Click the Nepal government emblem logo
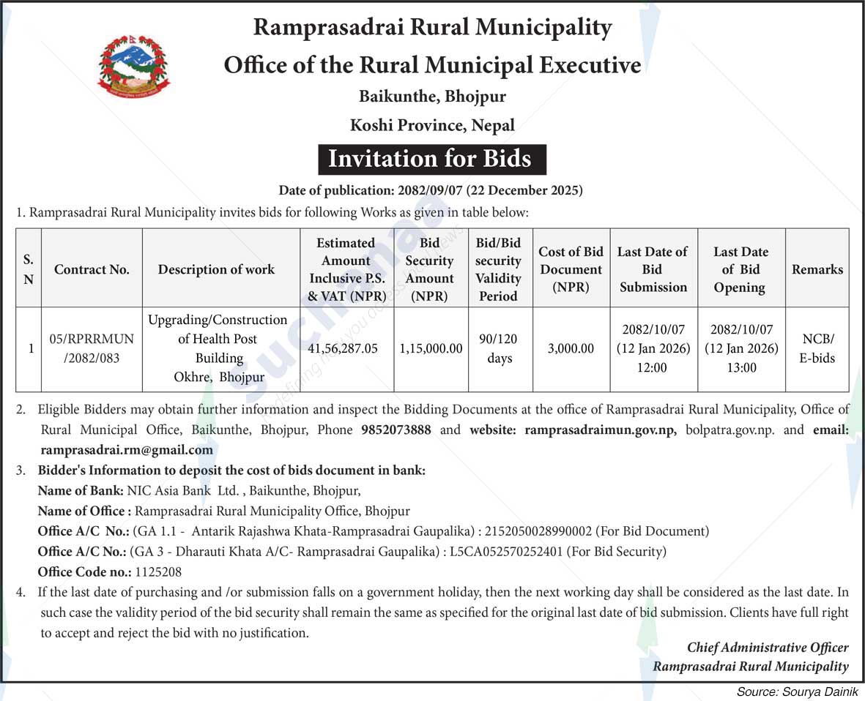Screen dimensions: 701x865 click(134, 67)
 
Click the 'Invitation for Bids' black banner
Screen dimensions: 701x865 click(431, 159)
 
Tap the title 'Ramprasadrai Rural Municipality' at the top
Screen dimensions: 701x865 click(432, 28)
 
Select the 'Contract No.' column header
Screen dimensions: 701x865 click(92, 269)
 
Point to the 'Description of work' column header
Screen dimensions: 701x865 click(216, 269)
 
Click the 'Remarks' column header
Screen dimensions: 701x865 click(817, 269)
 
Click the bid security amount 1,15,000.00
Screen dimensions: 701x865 click(431, 349)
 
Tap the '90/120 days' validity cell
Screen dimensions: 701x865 click(500, 349)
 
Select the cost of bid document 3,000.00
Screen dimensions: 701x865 click(571, 349)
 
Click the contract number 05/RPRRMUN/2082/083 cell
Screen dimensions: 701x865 click(92, 349)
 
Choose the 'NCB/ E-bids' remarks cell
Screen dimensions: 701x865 click(817, 349)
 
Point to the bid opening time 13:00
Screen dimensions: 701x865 click(741, 368)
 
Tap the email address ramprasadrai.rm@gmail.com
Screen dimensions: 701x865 click(127, 450)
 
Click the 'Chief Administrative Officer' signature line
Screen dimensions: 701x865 click(768, 648)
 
